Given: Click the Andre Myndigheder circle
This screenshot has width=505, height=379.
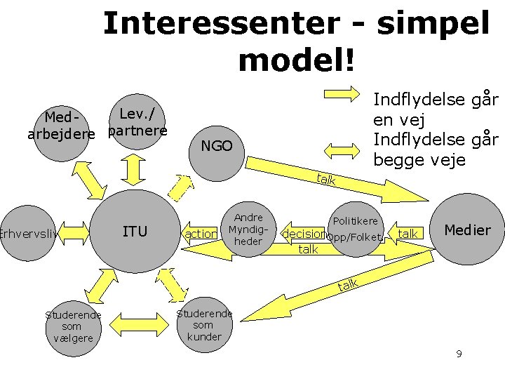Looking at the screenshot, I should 248,230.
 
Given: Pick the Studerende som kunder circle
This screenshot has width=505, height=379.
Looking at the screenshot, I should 204,325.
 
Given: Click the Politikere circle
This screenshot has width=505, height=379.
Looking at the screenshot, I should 356,230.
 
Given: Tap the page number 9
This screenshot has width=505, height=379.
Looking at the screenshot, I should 459,354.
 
